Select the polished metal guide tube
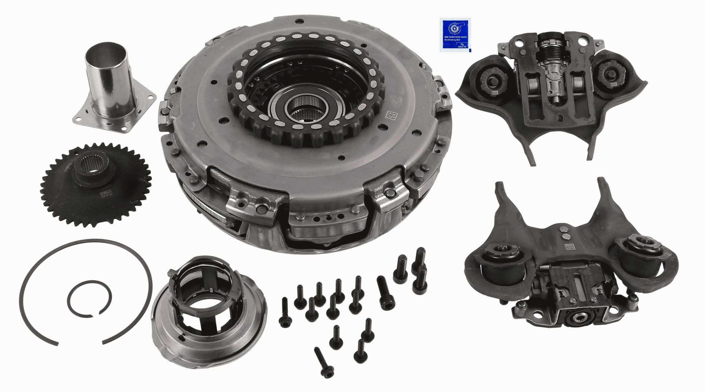pyautogui.click(x=109, y=82)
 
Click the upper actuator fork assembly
pyautogui.click(x=550, y=93)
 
